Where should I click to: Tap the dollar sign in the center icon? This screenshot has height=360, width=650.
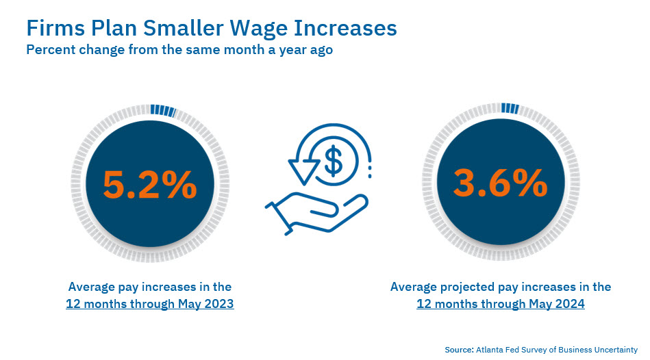333,161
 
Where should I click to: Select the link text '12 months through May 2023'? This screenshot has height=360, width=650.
150,304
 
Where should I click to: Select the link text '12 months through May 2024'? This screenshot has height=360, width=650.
501,304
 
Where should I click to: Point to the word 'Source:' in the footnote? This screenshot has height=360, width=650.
458,349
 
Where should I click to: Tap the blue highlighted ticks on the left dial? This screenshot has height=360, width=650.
162,110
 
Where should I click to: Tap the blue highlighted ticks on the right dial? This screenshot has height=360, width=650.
510,108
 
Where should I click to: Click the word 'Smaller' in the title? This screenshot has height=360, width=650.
166,28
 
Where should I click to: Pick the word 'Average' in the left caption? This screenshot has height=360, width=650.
92,286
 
